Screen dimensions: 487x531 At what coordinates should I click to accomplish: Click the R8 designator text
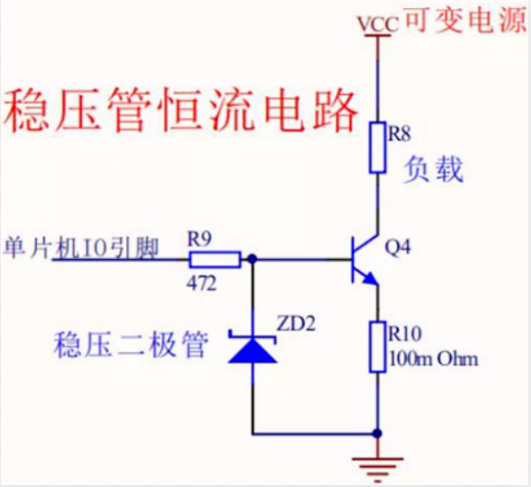[402, 135]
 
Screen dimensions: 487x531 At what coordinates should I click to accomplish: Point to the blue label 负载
[433, 169]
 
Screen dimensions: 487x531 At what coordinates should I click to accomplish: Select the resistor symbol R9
[215, 259]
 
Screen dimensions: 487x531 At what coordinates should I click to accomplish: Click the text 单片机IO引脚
[81, 248]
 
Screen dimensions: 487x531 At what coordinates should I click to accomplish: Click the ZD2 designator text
[296, 324]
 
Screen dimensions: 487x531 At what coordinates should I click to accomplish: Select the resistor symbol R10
[378, 347]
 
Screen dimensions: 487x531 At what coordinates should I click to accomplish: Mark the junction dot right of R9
[253, 259]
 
